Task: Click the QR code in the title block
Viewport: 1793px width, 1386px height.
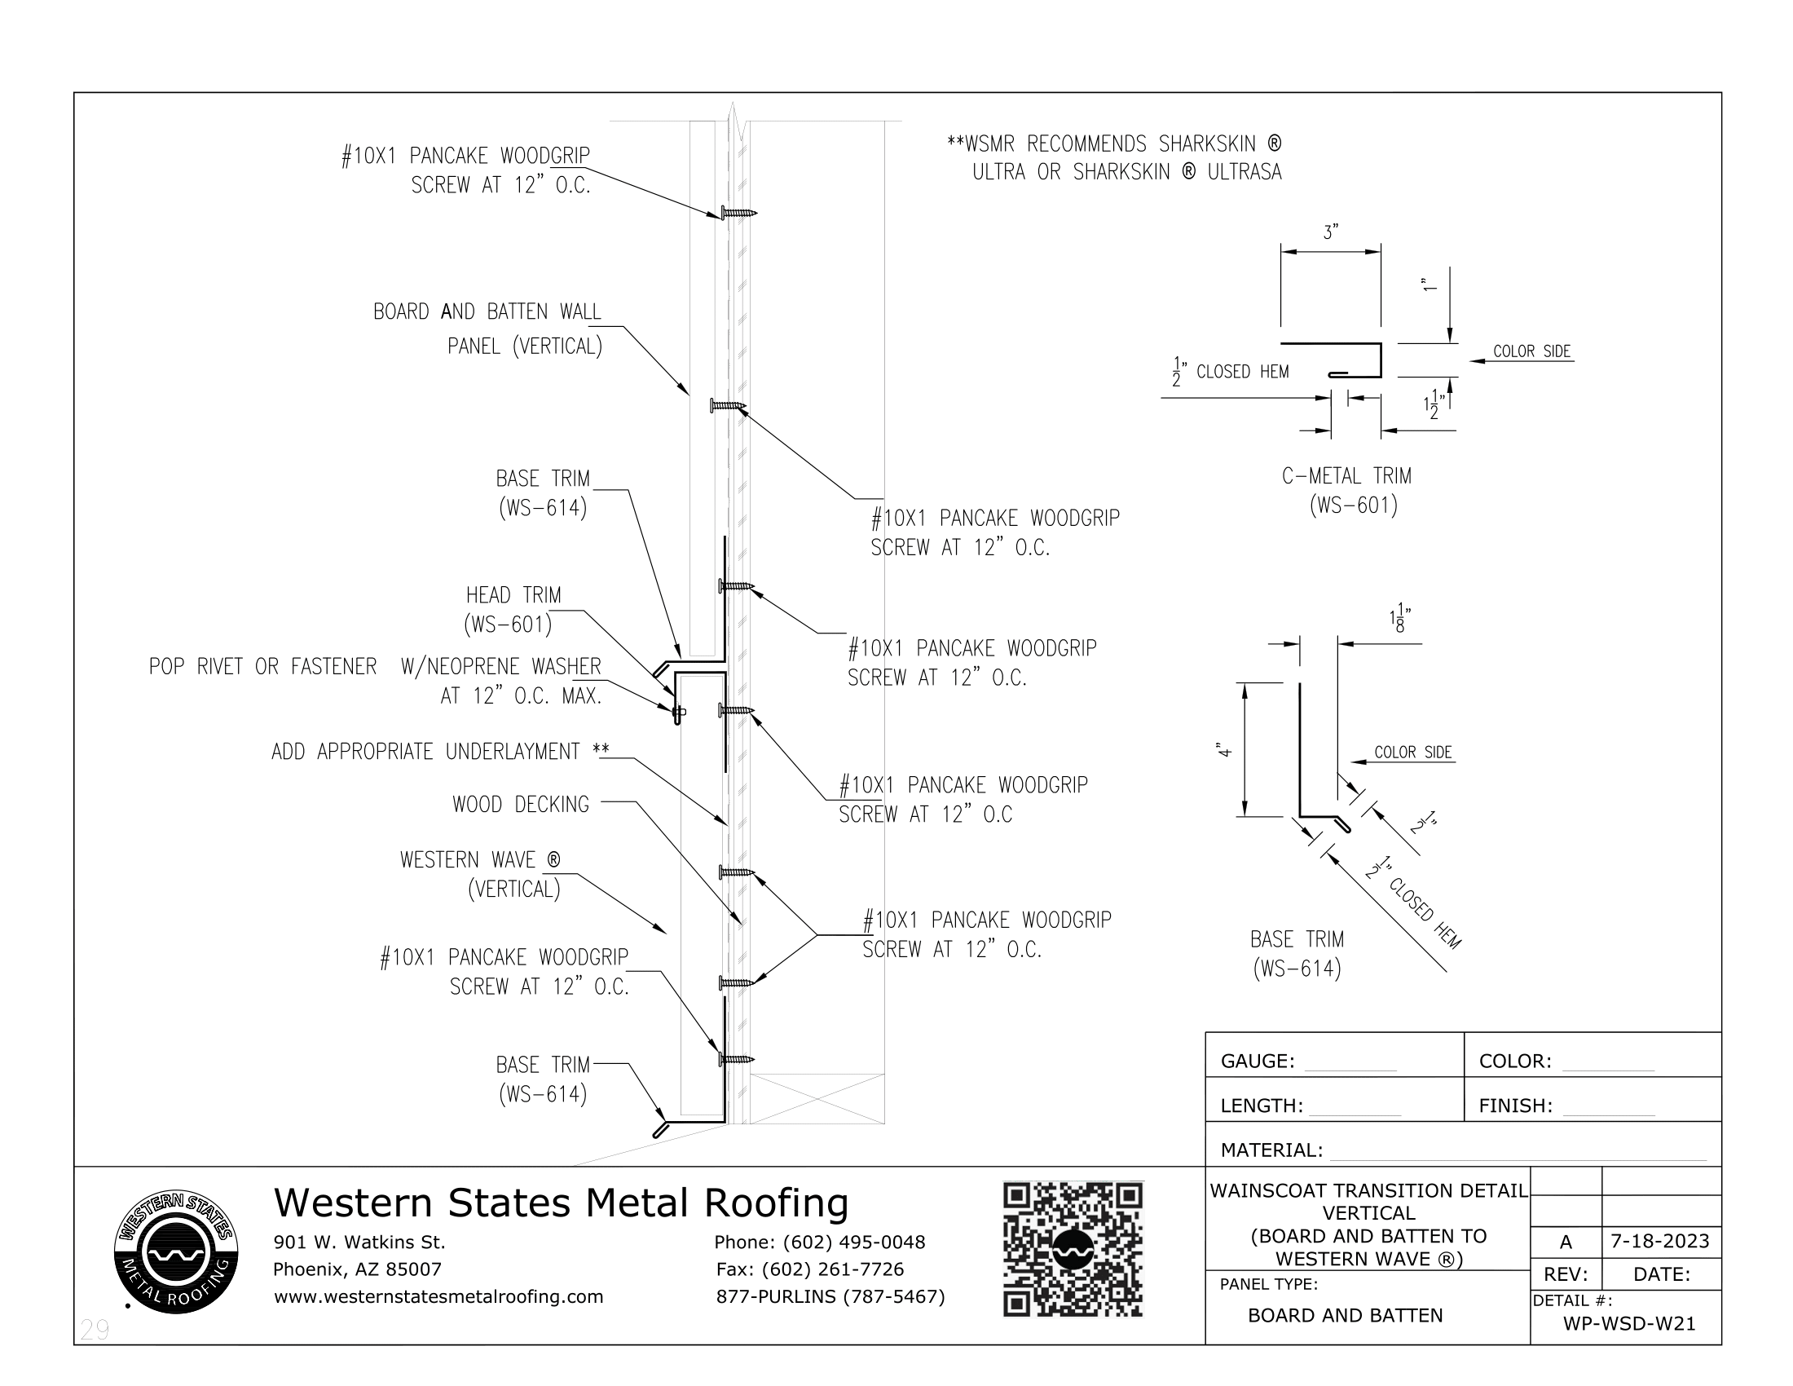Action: (1073, 1250)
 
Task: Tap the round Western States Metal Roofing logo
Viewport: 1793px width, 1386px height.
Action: (177, 1251)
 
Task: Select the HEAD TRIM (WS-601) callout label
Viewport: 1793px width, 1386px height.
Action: (513, 610)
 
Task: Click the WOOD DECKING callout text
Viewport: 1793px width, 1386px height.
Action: (521, 805)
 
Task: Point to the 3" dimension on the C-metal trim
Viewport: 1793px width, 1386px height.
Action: (1331, 233)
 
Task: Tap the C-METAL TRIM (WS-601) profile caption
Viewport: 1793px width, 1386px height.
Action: (1346, 490)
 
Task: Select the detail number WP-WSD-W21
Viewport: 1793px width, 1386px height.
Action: (1629, 1323)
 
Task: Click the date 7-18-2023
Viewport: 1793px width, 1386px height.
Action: (1660, 1241)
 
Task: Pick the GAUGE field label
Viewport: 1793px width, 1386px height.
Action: (1257, 1061)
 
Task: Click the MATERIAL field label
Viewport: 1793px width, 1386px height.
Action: (1271, 1150)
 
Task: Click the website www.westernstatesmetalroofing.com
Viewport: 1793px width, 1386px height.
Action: (438, 1296)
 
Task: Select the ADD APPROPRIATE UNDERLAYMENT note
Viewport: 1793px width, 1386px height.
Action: (440, 752)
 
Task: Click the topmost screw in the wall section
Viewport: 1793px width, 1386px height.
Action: (738, 213)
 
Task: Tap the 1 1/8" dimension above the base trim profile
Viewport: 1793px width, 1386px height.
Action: (1399, 620)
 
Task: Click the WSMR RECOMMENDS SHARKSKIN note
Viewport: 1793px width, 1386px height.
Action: (1115, 157)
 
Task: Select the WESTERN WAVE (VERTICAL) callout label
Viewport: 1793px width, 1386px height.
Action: (480, 874)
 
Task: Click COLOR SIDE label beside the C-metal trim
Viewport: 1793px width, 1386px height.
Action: (1531, 351)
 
